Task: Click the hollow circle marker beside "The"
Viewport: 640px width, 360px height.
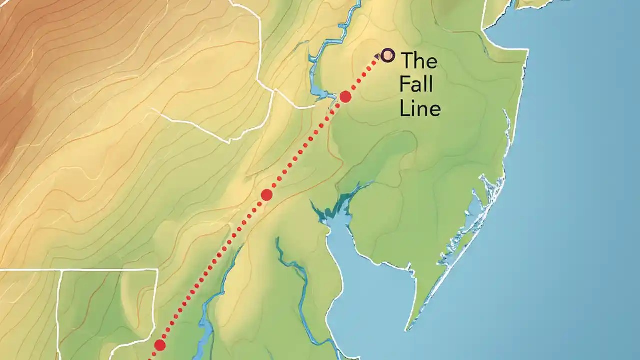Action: coord(387,55)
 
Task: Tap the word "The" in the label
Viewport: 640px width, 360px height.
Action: coord(419,61)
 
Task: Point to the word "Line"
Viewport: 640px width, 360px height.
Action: coord(420,108)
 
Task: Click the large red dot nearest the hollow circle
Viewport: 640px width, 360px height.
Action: coord(345,96)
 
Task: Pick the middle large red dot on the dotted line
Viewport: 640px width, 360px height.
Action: coord(267,195)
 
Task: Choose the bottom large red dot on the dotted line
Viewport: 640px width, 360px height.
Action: coord(160,345)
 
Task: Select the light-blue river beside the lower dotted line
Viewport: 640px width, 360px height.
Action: coord(205,320)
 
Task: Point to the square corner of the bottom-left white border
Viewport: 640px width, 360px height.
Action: coord(157,270)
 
